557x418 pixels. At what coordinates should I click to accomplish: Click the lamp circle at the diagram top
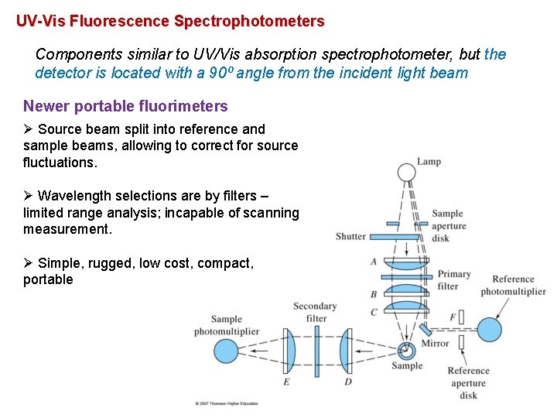[x=405, y=172]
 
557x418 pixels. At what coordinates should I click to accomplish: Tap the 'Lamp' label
[x=429, y=162]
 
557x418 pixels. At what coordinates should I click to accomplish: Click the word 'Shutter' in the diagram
[x=350, y=236]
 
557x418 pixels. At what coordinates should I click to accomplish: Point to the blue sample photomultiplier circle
[x=227, y=350]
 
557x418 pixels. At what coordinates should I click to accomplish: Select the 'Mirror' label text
[x=436, y=343]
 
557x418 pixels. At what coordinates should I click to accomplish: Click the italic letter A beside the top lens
[x=374, y=262]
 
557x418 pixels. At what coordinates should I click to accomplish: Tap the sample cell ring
[x=405, y=350]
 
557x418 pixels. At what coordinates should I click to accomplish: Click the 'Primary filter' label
[x=454, y=280]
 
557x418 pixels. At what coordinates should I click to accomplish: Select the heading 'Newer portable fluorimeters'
[x=125, y=106]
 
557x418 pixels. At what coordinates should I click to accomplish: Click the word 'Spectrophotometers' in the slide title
[x=249, y=22]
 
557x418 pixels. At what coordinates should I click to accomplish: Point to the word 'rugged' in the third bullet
[x=113, y=263]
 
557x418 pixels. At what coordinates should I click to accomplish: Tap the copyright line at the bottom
[x=227, y=403]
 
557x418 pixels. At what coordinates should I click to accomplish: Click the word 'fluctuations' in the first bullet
[x=59, y=163]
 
